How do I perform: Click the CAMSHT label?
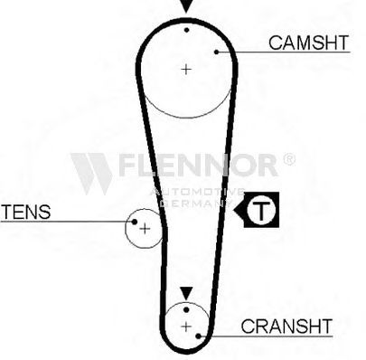pos(308,43)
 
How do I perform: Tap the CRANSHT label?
pos(286,326)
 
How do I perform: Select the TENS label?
pos(26,212)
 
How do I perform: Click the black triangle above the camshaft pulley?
pos(186,6)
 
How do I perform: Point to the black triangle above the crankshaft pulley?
pos(186,293)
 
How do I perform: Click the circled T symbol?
pos(261,210)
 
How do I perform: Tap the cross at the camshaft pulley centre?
pos(186,70)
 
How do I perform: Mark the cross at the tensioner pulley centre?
pos(145,229)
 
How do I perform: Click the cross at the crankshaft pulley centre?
pos(186,327)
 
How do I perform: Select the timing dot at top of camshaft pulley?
pos(187,30)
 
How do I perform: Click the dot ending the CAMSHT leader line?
pos(216,52)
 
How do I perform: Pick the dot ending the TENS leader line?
pos(135,222)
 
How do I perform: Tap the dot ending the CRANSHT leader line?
pos(198,336)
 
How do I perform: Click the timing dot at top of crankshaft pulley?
pos(186,309)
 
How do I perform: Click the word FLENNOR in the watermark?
pos(197,165)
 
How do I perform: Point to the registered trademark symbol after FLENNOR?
pos(289,159)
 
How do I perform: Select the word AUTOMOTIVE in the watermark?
pos(197,191)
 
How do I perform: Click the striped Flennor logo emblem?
pos(91,174)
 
